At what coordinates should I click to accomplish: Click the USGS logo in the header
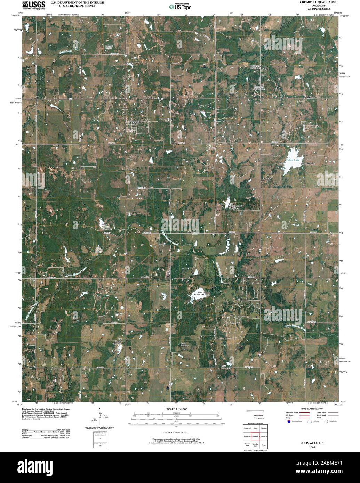click(33, 5)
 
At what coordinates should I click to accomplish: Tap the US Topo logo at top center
click(180, 7)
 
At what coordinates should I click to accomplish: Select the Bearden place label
click(308, 98)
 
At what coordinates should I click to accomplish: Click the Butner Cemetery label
click(184, 344)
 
